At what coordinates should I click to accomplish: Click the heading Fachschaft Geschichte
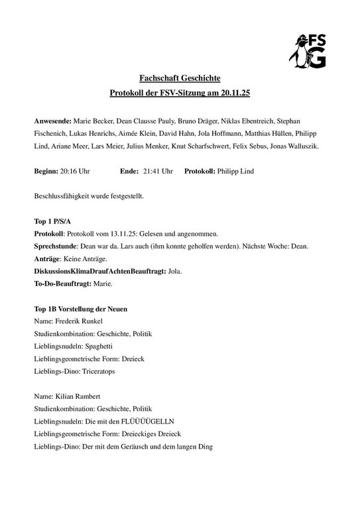[x=180, y=78]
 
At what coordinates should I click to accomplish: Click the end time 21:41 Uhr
[x=158, y=171]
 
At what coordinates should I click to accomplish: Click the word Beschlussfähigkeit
[x=61, y=196]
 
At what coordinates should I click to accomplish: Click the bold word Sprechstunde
[x=56, y=246]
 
